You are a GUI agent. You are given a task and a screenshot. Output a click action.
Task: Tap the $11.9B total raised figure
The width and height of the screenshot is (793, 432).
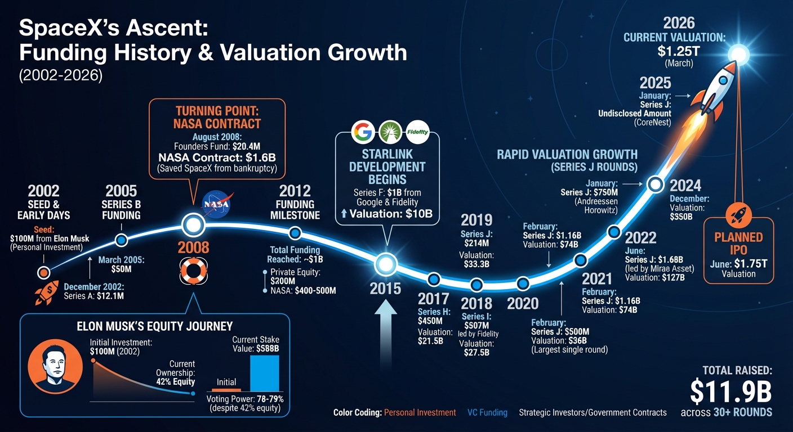(730, 391)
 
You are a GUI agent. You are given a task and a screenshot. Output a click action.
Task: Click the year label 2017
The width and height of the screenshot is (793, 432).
(433, 298)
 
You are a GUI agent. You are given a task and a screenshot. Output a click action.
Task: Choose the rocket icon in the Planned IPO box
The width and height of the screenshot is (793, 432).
(738, 214)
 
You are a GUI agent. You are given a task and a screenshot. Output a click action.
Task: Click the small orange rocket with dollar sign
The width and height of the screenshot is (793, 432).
(47, 293)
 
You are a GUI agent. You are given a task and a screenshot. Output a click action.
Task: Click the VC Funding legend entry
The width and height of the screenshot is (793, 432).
(487, 412)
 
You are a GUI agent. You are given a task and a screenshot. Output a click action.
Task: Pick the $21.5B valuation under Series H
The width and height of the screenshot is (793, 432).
(431, 341)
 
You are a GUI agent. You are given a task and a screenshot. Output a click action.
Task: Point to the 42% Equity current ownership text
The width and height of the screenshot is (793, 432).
(176, 381)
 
